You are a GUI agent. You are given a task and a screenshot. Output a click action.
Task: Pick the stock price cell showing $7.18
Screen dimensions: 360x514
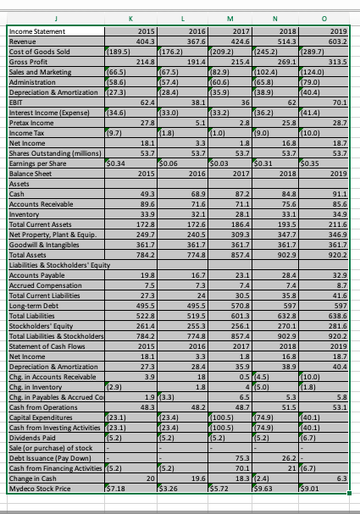[x=116, y=489]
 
